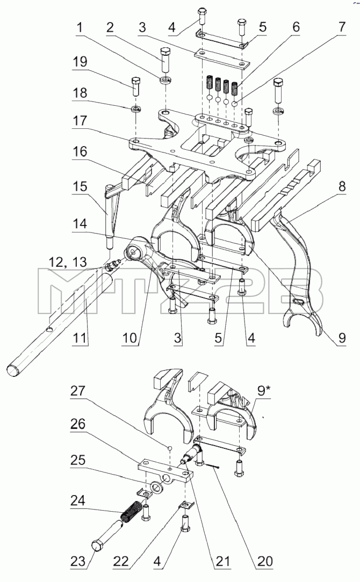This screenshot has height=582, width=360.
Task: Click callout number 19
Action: click(80, 62)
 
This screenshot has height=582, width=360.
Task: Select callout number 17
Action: click(80, 121)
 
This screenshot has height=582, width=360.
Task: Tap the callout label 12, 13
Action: click(68, 262)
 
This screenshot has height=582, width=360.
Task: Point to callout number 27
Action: click(77, 391)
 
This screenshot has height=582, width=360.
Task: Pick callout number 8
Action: click(341, 186)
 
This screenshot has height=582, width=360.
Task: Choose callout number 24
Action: click(78, 501)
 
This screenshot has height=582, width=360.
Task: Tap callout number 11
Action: click(80, 338)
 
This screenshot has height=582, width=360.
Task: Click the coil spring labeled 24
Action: click(131, 511)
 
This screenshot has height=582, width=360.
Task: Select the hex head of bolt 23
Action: click(97, 547)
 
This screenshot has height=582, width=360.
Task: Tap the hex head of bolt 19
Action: click(135, 81)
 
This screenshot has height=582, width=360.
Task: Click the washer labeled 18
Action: click(136, 109)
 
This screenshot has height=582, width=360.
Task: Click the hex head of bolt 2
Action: click(165, 51)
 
